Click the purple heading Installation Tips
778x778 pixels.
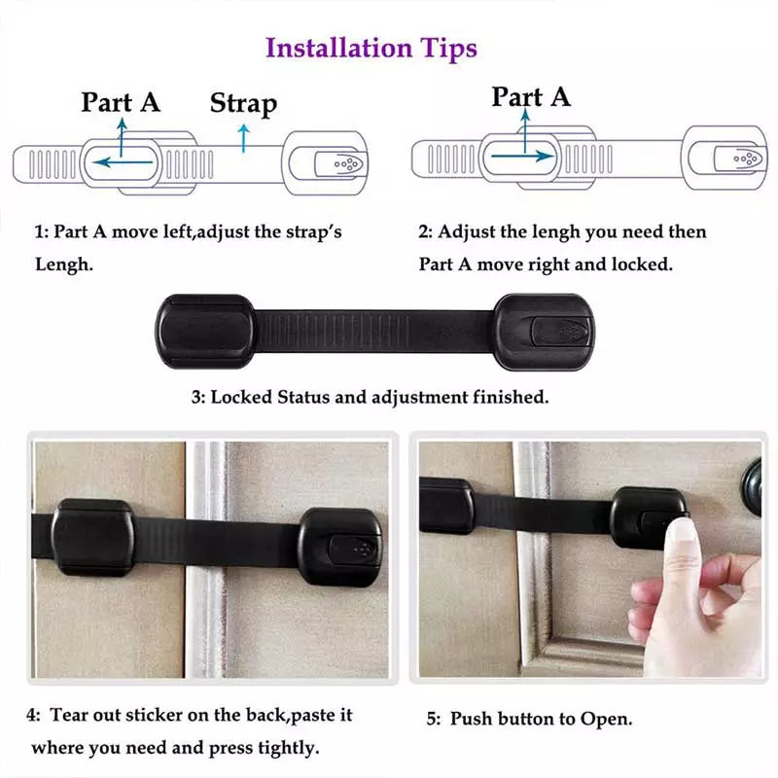[x=371, y=48]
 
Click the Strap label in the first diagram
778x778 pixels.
[x=243, y=103]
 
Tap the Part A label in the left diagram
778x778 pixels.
[x=121, y=101]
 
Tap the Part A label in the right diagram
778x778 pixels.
[x=531, y=97]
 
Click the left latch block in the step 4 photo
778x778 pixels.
[x=93, y=537]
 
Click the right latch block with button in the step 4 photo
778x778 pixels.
[x=339, y=547]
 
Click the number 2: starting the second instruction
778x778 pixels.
[x=425, y=232]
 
